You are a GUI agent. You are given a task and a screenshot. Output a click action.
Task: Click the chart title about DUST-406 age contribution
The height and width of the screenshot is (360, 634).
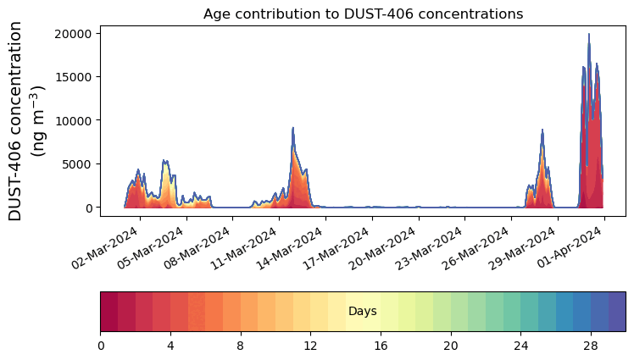tap(363, 14)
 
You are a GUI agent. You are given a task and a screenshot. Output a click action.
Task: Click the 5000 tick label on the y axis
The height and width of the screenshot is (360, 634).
tap(75, 164)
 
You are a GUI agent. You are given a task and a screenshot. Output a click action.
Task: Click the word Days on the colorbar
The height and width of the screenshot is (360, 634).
tap(363, 312)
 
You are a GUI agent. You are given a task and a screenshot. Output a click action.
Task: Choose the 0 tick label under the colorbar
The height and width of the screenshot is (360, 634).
tap(101, 346)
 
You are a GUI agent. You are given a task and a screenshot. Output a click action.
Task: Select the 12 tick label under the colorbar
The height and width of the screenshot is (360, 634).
tap(310, 346)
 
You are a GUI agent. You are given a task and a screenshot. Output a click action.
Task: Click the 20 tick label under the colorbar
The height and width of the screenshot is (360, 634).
tap(450, 346)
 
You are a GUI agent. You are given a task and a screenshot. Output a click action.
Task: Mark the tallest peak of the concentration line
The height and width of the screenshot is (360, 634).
tap(589, 35)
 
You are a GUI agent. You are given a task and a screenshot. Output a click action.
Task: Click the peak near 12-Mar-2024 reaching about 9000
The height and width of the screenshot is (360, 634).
tap(292, 128)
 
